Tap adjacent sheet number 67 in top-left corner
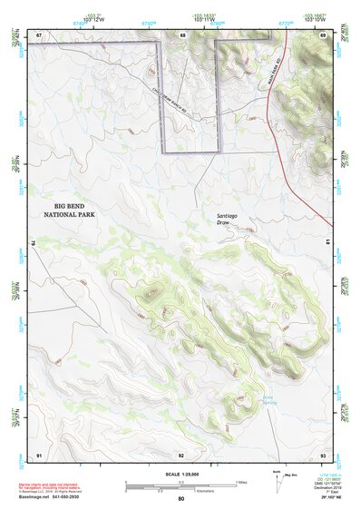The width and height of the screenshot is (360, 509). click(x=39, y=34)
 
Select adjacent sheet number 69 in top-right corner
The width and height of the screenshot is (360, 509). click(x=322, y=34)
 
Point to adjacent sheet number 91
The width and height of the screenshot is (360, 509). click(x=39, y=454)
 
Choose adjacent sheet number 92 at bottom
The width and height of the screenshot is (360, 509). click(x=181, y=454)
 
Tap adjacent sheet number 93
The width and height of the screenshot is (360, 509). click(x=322, y=454)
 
